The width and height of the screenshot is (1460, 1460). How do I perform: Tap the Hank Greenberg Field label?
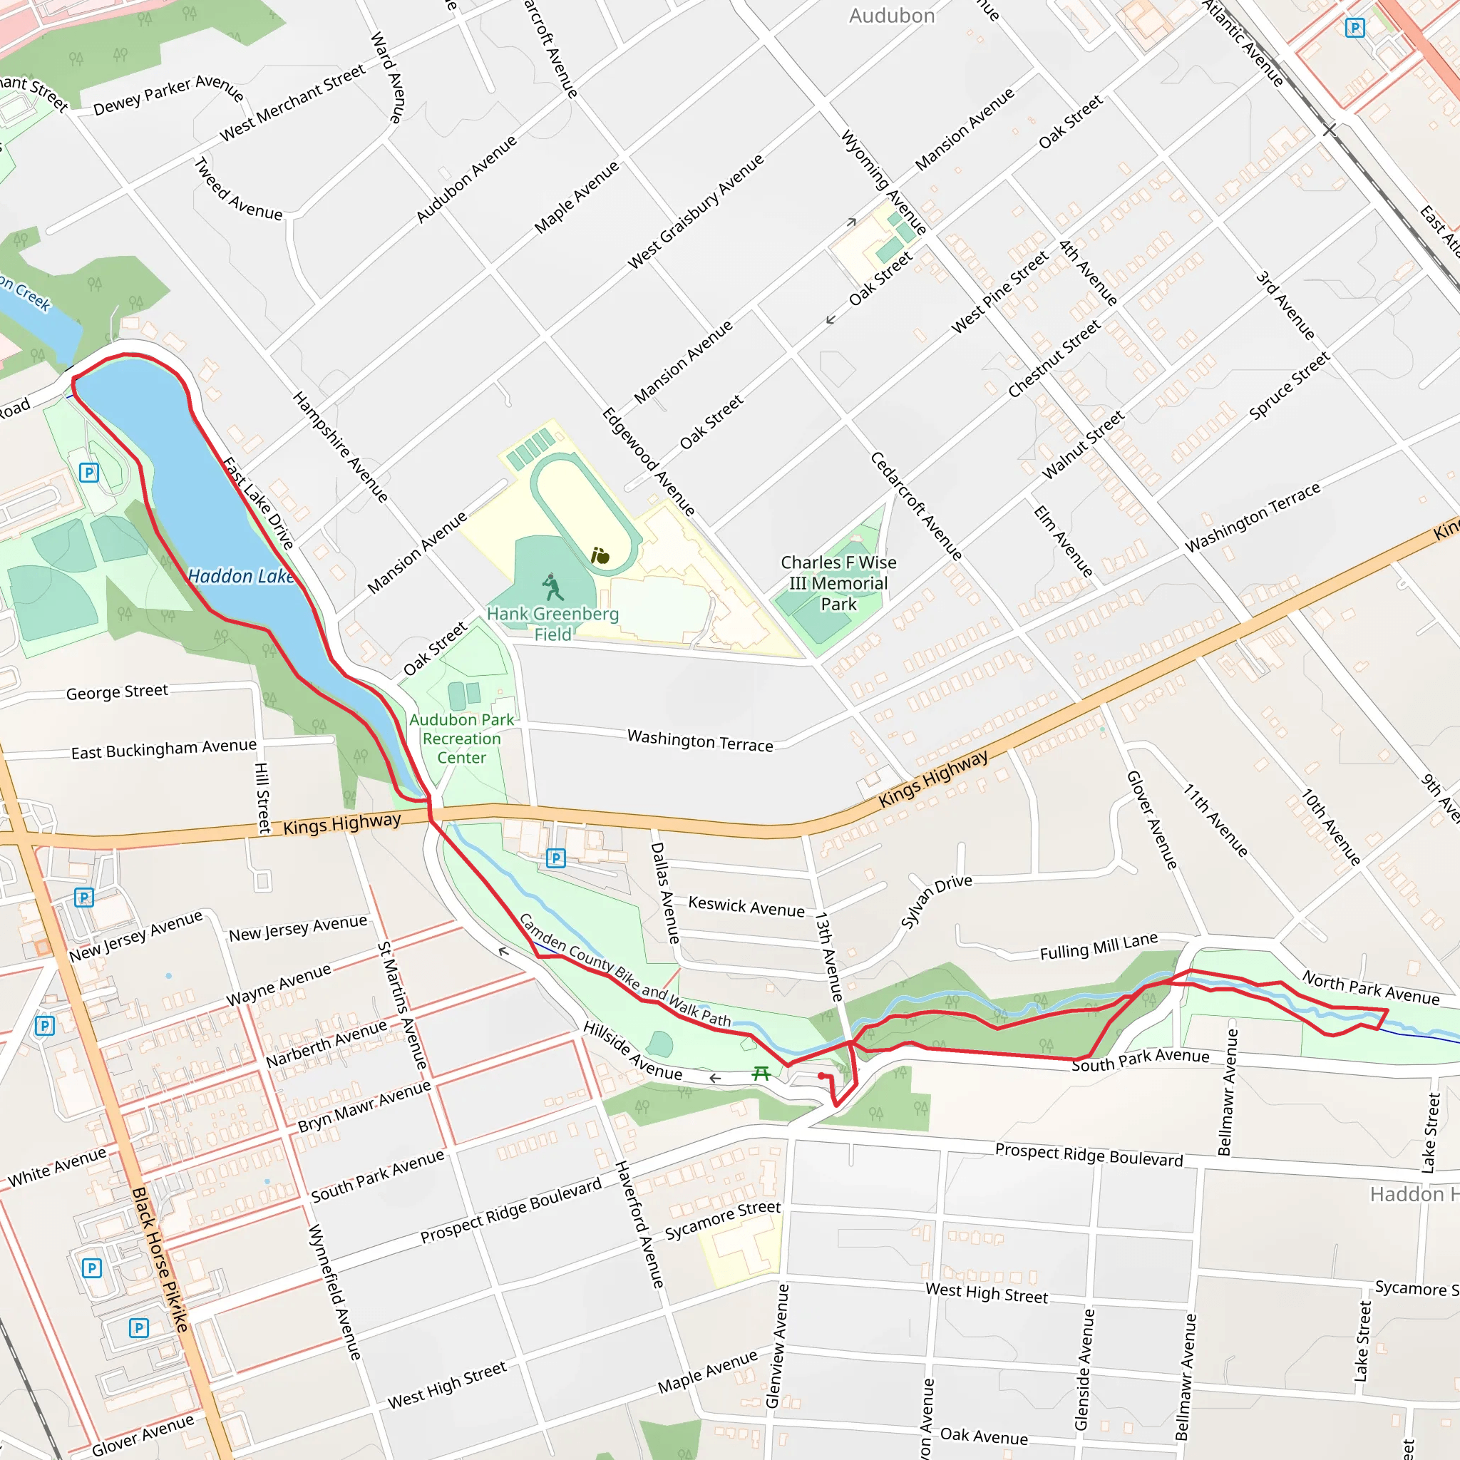[552, 624]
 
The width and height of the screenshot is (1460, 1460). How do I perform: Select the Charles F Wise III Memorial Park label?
[838, 582]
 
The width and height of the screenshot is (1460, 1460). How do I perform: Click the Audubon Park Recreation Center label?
[461, 739]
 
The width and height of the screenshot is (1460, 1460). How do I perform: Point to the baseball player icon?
[553, 587]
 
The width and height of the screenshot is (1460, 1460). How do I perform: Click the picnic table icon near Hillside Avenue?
[761, 1073]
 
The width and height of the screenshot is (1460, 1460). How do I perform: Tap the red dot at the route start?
[821, 1075]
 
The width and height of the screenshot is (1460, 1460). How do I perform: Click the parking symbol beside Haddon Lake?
[89, 473]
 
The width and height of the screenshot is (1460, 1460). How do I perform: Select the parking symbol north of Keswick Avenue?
[555, 858]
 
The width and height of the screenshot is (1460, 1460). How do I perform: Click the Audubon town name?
[892, 16]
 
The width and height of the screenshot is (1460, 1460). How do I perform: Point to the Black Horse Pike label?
[160, 1258]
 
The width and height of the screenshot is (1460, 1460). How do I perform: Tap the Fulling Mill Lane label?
[1098, 946]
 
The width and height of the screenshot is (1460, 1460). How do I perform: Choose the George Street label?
[117, 692]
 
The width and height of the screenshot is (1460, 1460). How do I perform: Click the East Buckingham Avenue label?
[163, 748]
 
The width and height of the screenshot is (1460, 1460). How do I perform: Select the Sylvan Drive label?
[935, 900]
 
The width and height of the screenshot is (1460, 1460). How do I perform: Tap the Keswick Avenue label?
[746, 907]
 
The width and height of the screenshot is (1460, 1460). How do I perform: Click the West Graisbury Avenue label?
[696, 212]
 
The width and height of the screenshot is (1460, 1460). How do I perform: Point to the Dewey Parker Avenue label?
[168, 95]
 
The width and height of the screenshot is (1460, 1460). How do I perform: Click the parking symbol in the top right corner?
[1355, 28]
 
